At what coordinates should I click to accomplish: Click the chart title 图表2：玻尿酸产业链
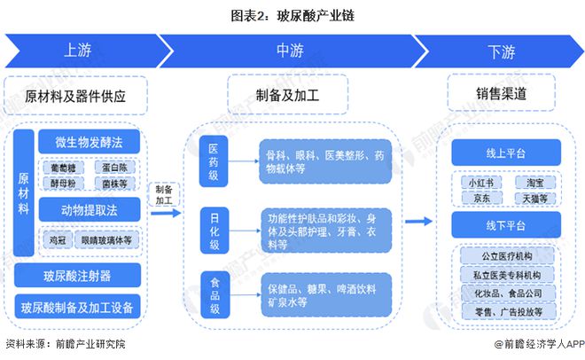[292, 14]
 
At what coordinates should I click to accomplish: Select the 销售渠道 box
[501, 91]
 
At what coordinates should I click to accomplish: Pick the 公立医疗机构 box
[505, 257]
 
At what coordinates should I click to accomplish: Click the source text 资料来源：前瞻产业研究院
[66, 344]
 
